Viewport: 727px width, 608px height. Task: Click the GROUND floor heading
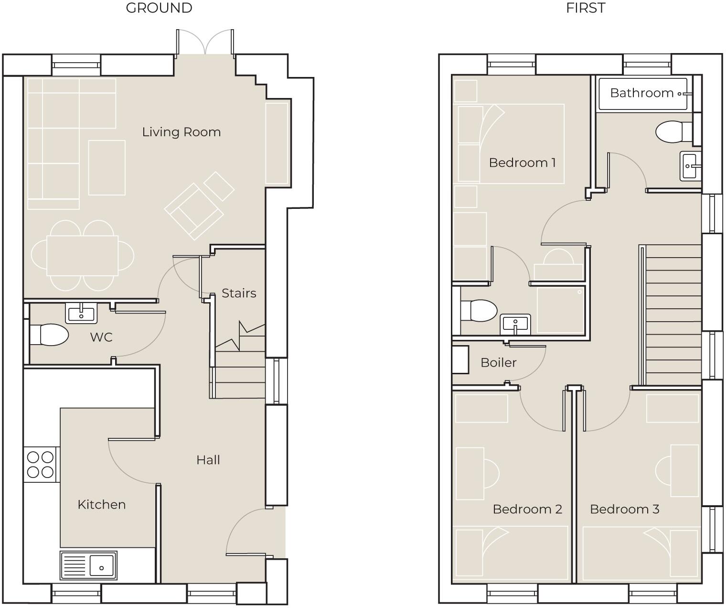point(159,8)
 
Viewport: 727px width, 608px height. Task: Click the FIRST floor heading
point(585,8)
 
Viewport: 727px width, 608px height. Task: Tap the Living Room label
point(182,132)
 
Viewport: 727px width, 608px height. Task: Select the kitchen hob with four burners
point(41,465)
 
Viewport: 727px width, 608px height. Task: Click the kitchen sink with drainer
point(88,565)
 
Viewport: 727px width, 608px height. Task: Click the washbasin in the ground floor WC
point(81,314)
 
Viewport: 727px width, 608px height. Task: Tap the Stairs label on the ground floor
point(239,293)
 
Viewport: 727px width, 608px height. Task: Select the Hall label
point(208,460)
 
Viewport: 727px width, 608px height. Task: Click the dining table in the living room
point(82,255)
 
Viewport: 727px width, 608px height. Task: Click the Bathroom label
point(641,93)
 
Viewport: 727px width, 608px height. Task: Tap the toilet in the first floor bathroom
point(674,132)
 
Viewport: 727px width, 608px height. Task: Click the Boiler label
point(498,362)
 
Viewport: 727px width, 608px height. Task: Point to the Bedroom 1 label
point(522,163)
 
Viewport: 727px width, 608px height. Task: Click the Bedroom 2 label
point(527,509)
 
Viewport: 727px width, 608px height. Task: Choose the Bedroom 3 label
point(624,509)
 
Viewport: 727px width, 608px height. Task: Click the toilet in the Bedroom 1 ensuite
point(479,311)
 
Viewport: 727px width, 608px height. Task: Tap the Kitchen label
point(101,504)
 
